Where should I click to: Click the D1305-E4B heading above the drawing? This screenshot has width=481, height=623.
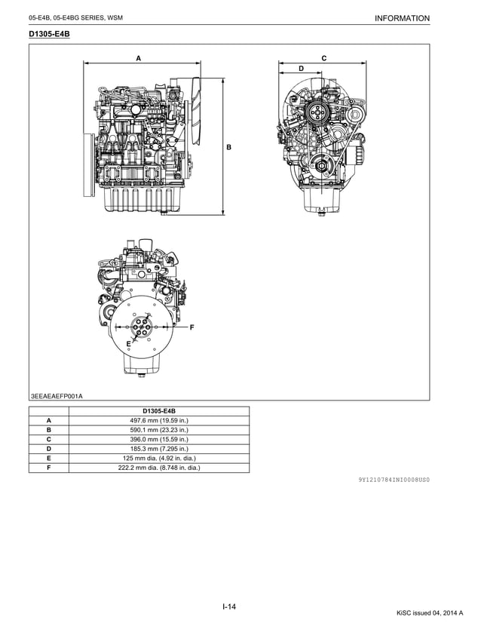[x=49, y=34]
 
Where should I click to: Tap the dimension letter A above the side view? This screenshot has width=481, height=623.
[x=138, y=58]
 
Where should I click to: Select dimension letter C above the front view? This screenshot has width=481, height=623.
[x=323, y=58]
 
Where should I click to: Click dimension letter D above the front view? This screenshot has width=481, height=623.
[x=301, y=69]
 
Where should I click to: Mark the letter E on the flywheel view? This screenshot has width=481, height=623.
[x=129, y=343]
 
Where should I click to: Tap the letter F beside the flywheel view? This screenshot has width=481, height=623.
[x=191, y=327]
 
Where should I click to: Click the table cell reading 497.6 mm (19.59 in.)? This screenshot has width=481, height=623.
[x=158, y=420]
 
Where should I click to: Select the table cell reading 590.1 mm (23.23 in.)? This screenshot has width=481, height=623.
[x=158, y=430]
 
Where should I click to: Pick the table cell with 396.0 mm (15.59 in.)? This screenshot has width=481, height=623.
[x=158, y=439]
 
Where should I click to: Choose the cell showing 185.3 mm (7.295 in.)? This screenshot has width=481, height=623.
[x=158, y=449]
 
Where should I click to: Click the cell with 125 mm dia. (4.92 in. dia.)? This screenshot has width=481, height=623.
[x=158, y=458]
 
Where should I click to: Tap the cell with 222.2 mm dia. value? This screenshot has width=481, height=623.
[x=158, y=468]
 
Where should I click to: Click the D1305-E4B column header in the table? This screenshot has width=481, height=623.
[x=158, y=411]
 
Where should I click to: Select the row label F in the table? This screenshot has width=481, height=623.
[x=48, y=468]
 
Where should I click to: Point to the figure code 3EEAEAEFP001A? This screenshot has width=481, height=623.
[x=57, y=395]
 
